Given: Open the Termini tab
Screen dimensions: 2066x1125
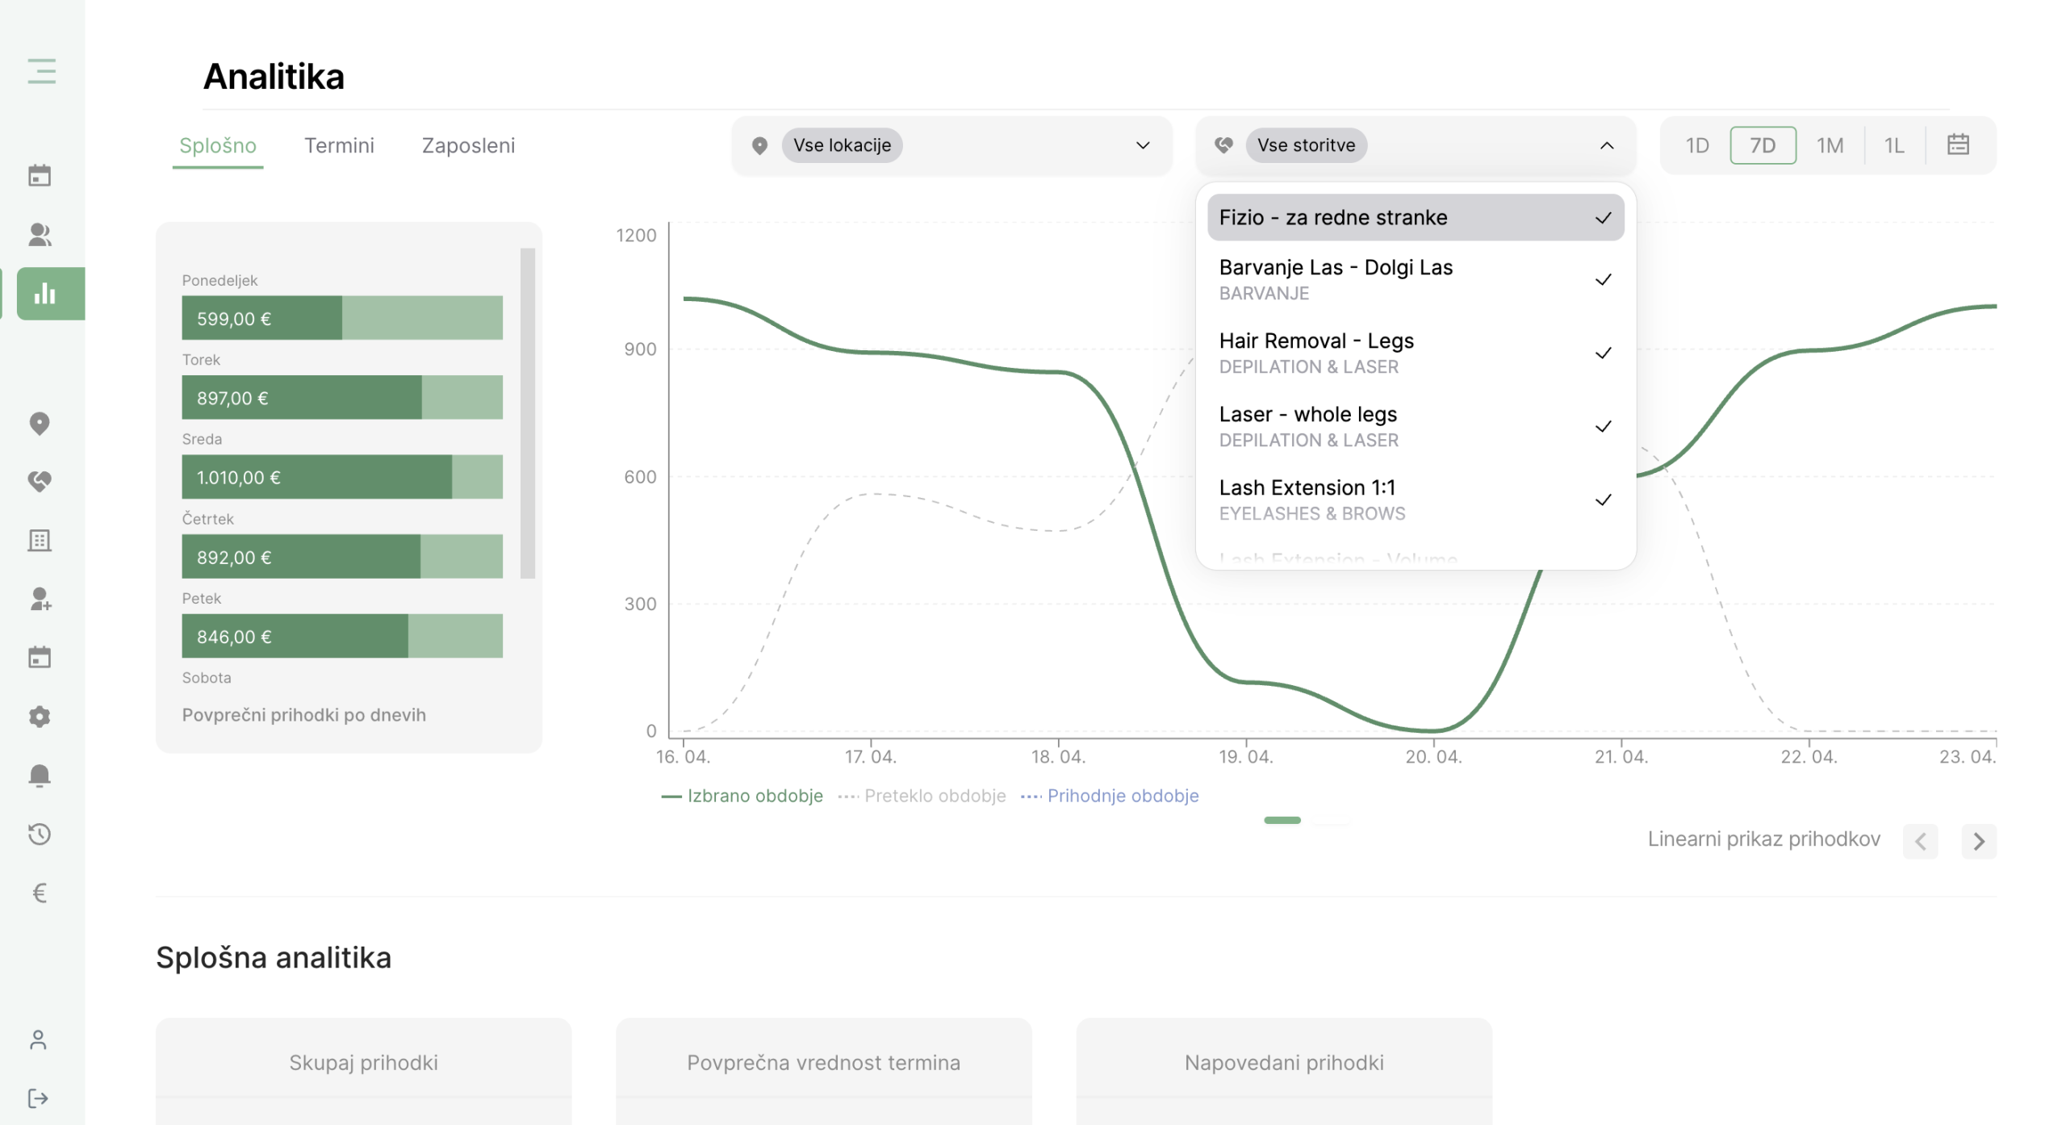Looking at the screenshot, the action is pos(339,145).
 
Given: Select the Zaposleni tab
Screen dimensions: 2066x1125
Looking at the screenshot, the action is pos(468,145).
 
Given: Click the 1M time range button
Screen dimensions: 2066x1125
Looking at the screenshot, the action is pos(1830,145).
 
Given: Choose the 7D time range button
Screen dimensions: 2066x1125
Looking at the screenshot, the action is pos(1763,145).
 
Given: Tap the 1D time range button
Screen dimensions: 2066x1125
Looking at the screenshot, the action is pos(1697,145).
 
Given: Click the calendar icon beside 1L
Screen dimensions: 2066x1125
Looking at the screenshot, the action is pos(1958,144).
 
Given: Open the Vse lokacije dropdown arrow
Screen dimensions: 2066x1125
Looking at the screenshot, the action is pos(1143,145).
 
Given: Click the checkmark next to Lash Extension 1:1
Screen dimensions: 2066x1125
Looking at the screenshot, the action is pos(1603,500).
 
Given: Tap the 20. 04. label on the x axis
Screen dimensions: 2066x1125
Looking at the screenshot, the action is pos(1433,757).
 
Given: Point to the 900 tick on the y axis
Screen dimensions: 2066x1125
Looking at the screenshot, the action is pos(640,349).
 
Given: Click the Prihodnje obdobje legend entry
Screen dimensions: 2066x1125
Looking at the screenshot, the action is pos(1110,796).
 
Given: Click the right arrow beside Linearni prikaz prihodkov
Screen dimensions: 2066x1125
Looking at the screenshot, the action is pos(1979,841).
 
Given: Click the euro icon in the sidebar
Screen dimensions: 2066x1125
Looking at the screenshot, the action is pos(39,892).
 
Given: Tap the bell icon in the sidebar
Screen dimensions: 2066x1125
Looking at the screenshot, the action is pos(39,775).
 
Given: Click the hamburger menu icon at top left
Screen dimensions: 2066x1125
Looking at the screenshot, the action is pos(41,71).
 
